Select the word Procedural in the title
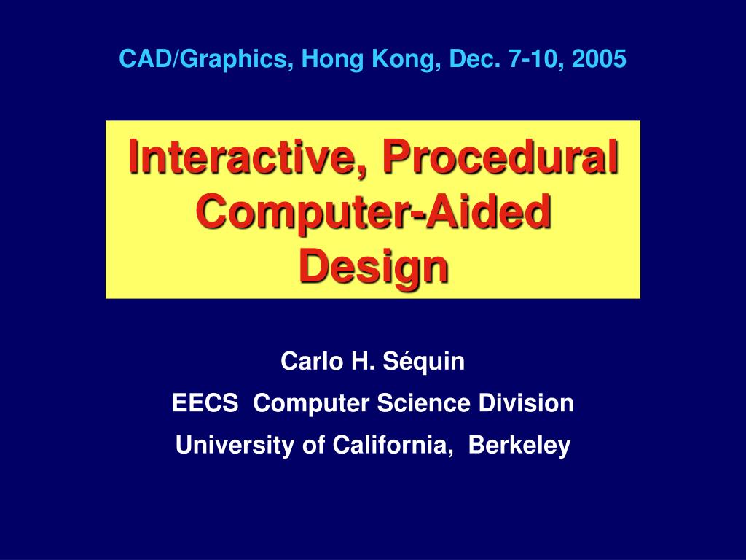[x=501, y=156]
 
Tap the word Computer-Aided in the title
[x=374, y=212]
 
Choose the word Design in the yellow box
[x=374, y=267]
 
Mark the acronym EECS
[x=205, y=403]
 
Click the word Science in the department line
[x=423, y=403]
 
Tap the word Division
[x=526, y=403]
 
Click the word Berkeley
[x=519, y=446]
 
